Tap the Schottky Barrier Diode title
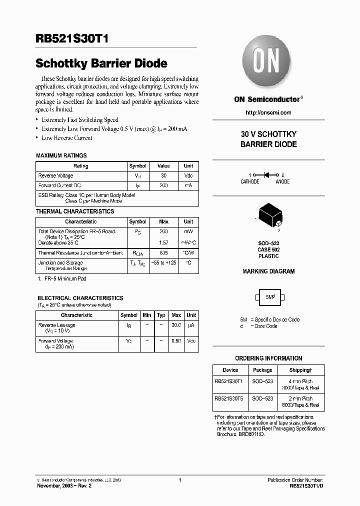click(x=101, y=63)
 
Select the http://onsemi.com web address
click(x=268, y=112)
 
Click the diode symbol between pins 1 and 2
click(x=269, y=175)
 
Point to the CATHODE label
click(x=250, y=182)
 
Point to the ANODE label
click(x=282, y=182)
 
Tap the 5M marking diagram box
click(x=269, y=297)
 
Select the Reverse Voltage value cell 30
click(x=163, y=176)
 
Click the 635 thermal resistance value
click(x=163, y=253)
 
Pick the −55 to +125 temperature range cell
click(x=163, y=263)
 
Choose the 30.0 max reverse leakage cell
click(x=176, y=325)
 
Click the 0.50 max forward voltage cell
click(x=176, y=341)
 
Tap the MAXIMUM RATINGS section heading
click(x=61, y=155)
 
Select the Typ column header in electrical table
click(x=161, y=315)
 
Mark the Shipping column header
click(x=300, y=370)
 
